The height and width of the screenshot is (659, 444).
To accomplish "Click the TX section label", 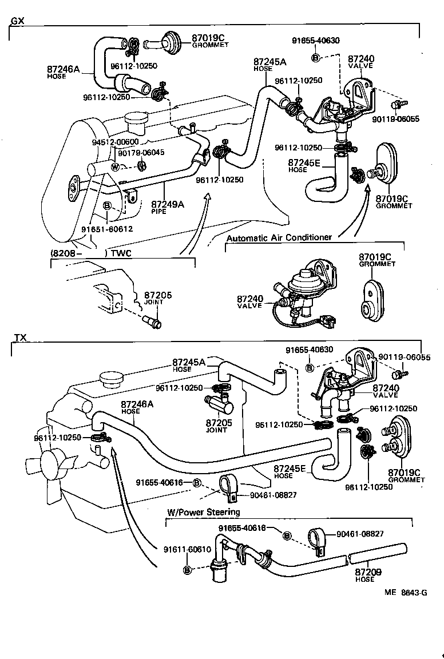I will click(x=19, y=338).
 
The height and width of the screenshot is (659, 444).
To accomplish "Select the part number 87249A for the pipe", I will click(x=168, y=204).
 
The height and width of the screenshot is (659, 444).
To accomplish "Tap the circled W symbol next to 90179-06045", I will click(x=115, y=167).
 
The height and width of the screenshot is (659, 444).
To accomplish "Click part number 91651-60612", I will click(x=107, y=229).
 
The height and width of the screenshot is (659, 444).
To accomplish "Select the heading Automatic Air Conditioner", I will click(x=279, y=237).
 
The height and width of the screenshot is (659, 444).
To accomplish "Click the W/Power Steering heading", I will click(x=203, y=511).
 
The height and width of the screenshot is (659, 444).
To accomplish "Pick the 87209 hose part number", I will click(x=368, y=571).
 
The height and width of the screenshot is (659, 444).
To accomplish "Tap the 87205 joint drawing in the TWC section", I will click(x=154, y=322).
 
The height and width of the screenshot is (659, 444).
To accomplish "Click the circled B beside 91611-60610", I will click(x=186, y=570).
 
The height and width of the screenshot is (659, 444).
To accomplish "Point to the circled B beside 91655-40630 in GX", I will click(x=315, y=58).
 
